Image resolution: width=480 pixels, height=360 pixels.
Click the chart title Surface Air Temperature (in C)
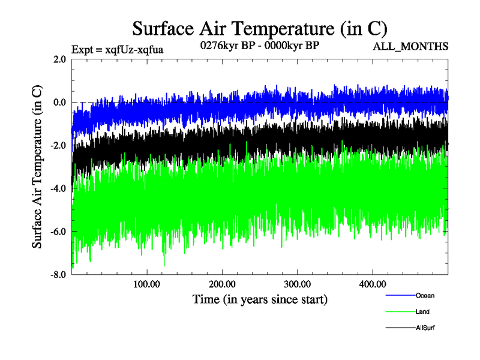[259, 28]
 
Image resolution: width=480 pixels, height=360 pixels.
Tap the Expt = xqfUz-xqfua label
[117, 49]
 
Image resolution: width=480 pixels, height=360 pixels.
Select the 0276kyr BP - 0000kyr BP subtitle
[259, 45]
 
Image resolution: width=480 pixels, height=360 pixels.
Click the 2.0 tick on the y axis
[59, 59]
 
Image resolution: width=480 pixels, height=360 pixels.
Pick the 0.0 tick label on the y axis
[59, 103]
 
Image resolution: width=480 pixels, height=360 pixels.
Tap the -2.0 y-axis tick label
[58, 146]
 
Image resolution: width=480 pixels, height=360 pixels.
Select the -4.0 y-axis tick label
[58, 189]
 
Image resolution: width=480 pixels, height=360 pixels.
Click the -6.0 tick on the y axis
[58, 232]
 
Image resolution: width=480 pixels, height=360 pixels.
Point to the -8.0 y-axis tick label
[58, 275]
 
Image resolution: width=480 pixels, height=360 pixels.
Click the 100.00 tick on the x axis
[147, 284]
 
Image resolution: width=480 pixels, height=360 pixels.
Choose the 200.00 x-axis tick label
[222, 284]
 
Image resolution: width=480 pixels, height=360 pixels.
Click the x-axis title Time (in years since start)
[260, 299]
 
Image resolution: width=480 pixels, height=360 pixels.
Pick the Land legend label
[422, 312]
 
